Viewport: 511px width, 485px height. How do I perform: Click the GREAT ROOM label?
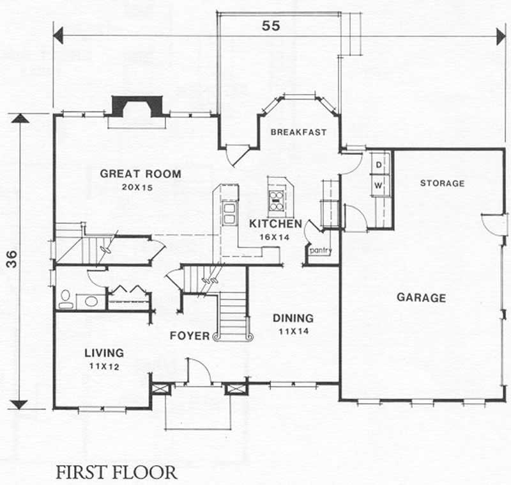point(140,173)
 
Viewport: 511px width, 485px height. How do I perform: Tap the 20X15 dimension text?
point(140,187)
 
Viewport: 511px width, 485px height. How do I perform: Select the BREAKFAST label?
point(298,132)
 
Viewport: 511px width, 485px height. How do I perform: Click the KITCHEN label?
point(275,224)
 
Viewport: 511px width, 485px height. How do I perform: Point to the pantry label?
point(320,251)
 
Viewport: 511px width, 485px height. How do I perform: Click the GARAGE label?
point(421,298)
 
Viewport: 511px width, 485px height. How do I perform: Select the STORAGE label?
point(442,184)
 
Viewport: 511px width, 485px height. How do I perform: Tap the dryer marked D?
point(378,165)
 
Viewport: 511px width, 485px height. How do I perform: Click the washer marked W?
point(378,186)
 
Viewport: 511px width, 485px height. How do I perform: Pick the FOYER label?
point(190,335)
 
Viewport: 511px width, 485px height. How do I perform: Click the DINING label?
point(293,318)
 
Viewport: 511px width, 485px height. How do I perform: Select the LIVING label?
point(104,353)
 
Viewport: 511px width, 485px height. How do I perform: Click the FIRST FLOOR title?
point(116,473)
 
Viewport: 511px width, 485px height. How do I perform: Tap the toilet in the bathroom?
point(65,299)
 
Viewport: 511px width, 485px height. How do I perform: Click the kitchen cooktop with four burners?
point(277,200)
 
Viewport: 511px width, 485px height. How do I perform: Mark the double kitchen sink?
point(228,213)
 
